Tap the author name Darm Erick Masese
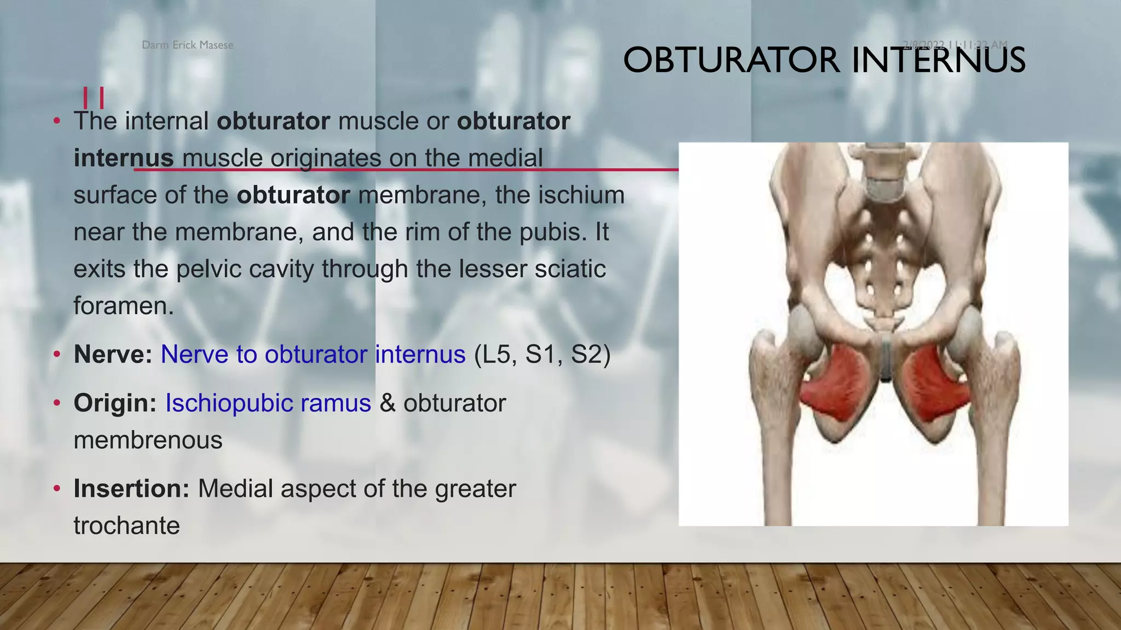(187, 45)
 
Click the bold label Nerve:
(113, 354)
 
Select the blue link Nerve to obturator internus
(313, 354)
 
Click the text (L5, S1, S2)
(542, 354)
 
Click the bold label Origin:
(115, 403)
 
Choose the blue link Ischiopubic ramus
(268, 403)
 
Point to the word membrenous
(148, 440)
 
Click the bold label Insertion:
(131, 488)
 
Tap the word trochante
(126, 526)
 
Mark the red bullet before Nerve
(57, 354)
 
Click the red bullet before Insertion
(57, 488)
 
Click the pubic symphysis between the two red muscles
(885, 358)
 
